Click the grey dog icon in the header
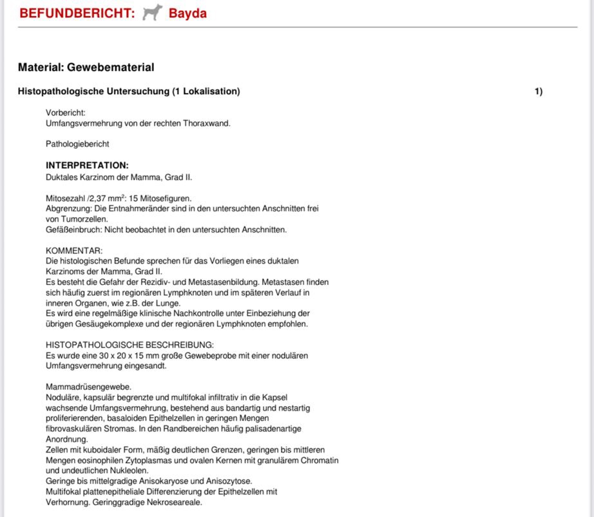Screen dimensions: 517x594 (x=152, y=12)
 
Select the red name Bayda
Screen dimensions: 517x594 (x=187, y=13)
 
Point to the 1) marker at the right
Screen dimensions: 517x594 (x=539, y=92)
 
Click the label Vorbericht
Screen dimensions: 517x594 (x=65, y=113)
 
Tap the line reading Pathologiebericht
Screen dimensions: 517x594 (x=77, y=144)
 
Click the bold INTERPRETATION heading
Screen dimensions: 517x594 (x=87, y=166)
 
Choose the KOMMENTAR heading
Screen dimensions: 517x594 (x=74, y=250)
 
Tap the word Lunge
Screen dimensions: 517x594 (x=169, y=303)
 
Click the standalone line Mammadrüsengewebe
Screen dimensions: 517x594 (x=88, y=387)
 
